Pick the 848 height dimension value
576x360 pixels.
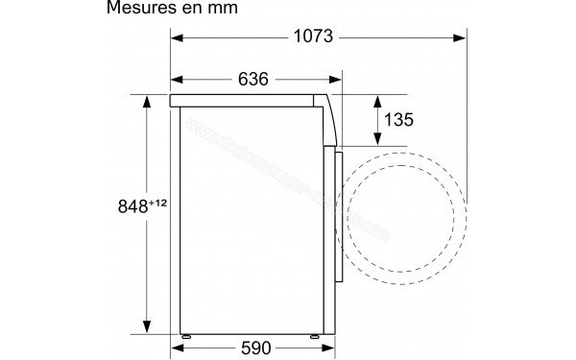[x=132, y=205]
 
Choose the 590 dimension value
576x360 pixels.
[x=254, y=348]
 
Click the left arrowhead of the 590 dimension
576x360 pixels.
[x=177, y=348]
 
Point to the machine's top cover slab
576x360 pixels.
[x=250, y=99]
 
